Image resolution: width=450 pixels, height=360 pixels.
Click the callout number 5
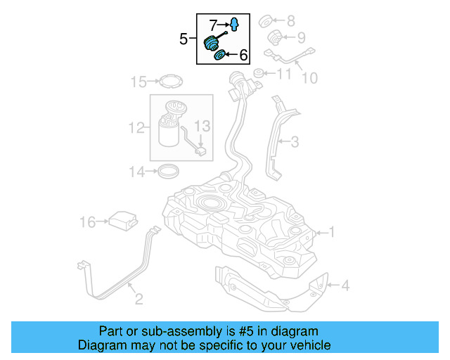tap(184, 39)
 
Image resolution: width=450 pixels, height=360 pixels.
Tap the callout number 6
tap(243, 54)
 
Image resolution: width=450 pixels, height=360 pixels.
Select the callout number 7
tap(212, 25)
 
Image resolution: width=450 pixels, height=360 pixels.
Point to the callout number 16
tap(87, 222)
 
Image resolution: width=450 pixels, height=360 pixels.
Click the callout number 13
tap(202, 127)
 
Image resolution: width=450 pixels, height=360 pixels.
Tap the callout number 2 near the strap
tap(139, 300)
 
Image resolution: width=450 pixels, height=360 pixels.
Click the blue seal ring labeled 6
tap(219, 55)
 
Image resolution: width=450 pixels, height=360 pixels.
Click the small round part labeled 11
tap(258, 73)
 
